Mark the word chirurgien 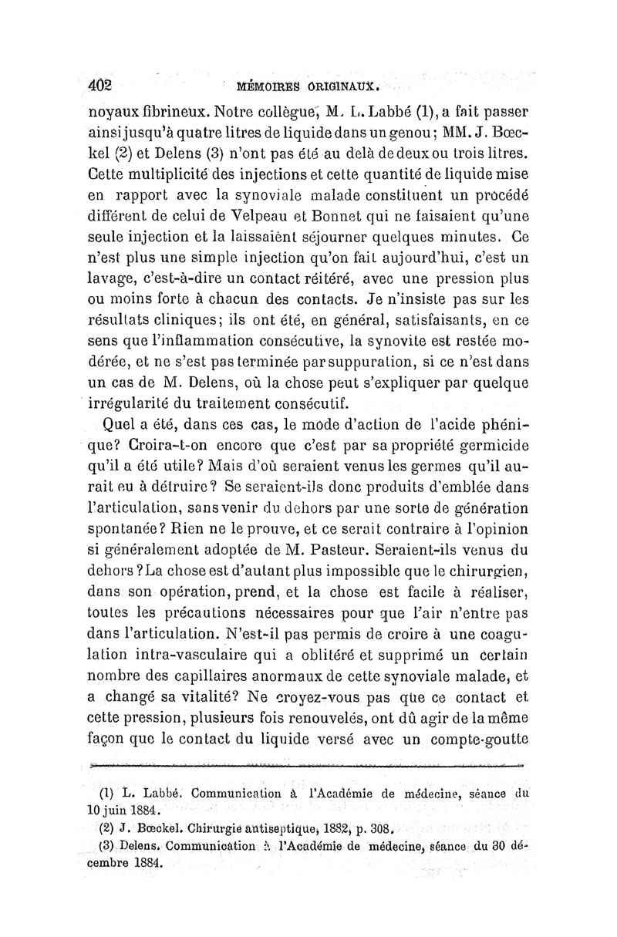tap(483, 572)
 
